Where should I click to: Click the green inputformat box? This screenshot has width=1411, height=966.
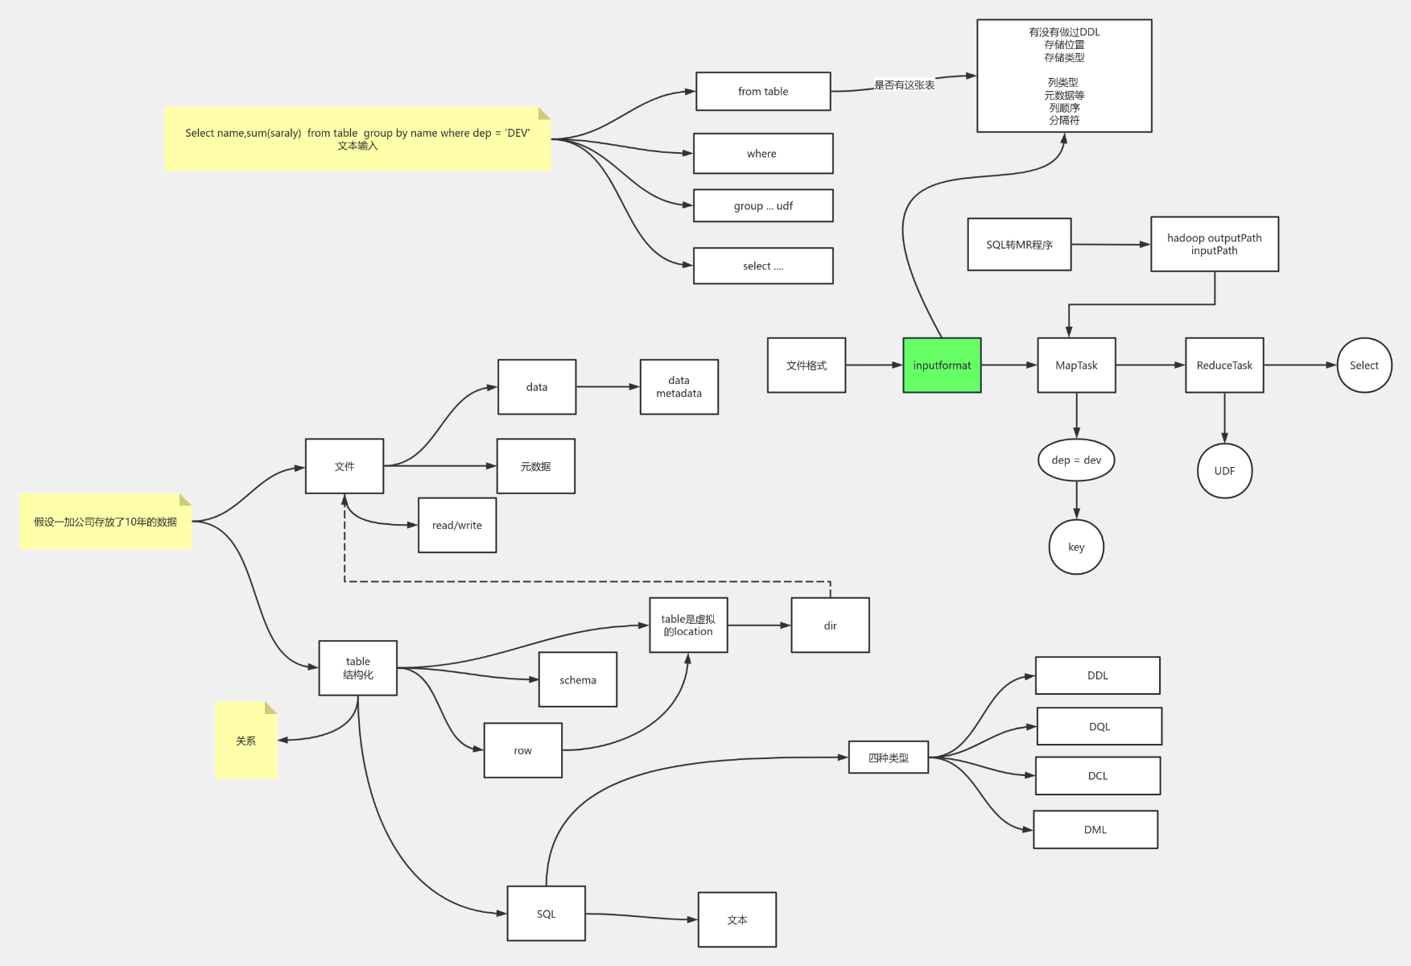[942, 365]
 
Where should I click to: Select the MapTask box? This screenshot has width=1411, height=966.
[1076, 365]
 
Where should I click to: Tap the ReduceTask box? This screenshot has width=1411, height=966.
[1224, 365]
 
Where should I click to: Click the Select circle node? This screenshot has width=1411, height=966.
[1364, 365]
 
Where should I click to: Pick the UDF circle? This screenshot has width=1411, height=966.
[1224, 471]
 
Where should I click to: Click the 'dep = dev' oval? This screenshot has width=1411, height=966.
[1076, 460]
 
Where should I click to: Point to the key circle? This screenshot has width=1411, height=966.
[1076, 547]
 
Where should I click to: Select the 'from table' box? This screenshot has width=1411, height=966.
[763, 92]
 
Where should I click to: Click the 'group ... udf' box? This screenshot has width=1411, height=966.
[763, 206]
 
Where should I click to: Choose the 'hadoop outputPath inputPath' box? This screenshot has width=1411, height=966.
[1215, 245]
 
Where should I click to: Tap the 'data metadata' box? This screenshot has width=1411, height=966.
[679, 387]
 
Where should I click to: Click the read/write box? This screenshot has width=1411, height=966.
[457, 526]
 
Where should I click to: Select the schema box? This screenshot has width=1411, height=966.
[578, 680]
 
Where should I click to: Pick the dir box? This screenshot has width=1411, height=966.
[830, 625]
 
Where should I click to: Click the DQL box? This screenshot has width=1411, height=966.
[1099, 727]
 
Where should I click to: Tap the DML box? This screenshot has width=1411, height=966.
[1095, 830]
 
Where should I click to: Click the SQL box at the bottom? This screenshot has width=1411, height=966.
[546, 914]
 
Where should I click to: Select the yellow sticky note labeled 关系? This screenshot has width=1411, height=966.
[246, 741]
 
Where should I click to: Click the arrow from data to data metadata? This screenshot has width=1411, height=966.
[608, 387]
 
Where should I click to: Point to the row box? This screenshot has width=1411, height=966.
[522, 751]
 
